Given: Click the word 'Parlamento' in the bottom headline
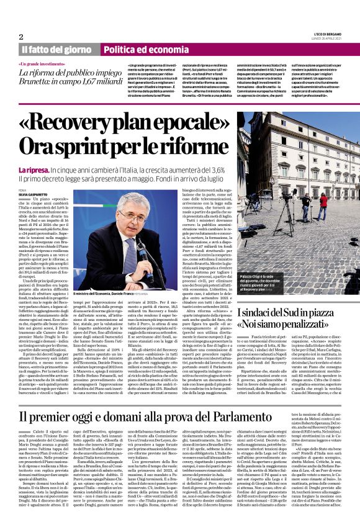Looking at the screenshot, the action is pyautogui.click(x=298, y=399).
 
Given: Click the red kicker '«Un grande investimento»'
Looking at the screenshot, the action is pyautogui.click(x=42, y=65).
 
